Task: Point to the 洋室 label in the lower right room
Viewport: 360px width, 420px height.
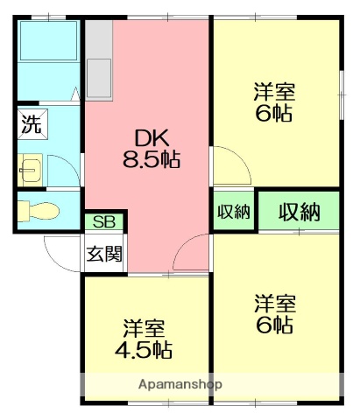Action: [274, 304]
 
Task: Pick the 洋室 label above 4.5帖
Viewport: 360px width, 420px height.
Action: [144, 330]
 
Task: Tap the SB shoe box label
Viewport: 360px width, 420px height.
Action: [103, 222]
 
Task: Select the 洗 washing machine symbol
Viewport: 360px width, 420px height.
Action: [32, 123]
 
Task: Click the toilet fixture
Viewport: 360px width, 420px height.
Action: [40, 210]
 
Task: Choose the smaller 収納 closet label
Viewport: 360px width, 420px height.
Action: [234, 212]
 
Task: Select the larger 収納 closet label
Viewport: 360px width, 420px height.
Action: [299, 212]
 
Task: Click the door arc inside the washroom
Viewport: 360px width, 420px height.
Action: [63, 168]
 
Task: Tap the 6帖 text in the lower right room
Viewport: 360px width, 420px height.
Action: [274, 325]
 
